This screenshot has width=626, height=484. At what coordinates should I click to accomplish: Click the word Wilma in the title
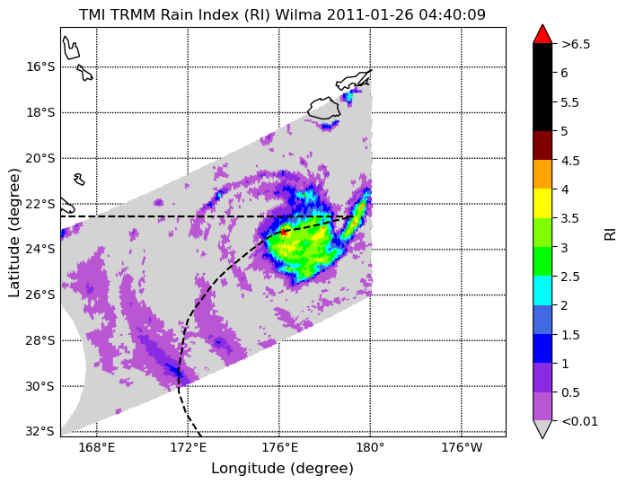click(299, 14)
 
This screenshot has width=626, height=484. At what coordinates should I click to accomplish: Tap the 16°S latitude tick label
click(40, 66)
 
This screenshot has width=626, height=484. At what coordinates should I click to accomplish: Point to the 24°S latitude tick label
click(40, 250)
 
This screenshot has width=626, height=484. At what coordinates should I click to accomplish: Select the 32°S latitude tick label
click(40, 432)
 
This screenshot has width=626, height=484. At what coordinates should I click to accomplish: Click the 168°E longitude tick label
click(97, 448)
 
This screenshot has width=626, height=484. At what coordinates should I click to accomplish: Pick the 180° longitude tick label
click(371, 448)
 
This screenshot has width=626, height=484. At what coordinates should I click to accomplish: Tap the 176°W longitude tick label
click(462, 448)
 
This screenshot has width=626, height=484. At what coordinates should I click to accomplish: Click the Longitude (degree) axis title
click(283, 469)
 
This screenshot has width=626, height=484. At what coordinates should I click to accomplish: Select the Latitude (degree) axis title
click(14, 233)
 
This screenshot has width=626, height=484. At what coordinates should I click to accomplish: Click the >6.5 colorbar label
click(576, 44)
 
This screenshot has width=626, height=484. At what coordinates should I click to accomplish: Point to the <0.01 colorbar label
click(579, 421)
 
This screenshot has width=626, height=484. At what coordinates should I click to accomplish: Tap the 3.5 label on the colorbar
click(569, 219)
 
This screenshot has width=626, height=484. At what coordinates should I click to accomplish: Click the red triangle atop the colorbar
click(542, 34)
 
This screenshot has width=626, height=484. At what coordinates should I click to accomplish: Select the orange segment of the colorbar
click(542, 174)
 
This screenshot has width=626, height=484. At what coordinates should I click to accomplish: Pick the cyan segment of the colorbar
click(542, 290)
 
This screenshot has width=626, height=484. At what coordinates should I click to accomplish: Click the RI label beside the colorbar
click(611, 232)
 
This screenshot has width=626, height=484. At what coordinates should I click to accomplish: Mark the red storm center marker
click(283, 232)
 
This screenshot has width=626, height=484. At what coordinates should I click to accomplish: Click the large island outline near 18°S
click(324, 108)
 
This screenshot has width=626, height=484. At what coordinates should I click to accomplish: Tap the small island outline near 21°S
click(79, 180)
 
